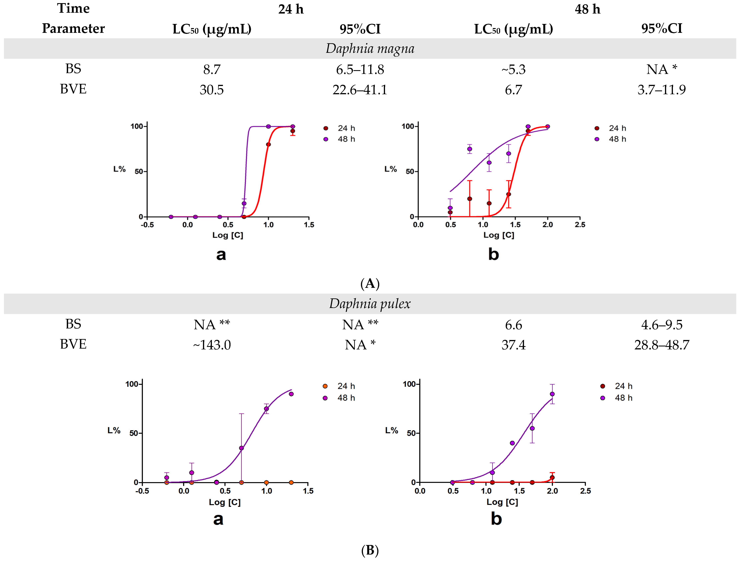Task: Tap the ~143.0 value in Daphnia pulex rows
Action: click(212, 345)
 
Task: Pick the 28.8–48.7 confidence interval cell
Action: click(662, 345)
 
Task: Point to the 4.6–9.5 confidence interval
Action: click(662, 325)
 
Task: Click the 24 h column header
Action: click(291, 9)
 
